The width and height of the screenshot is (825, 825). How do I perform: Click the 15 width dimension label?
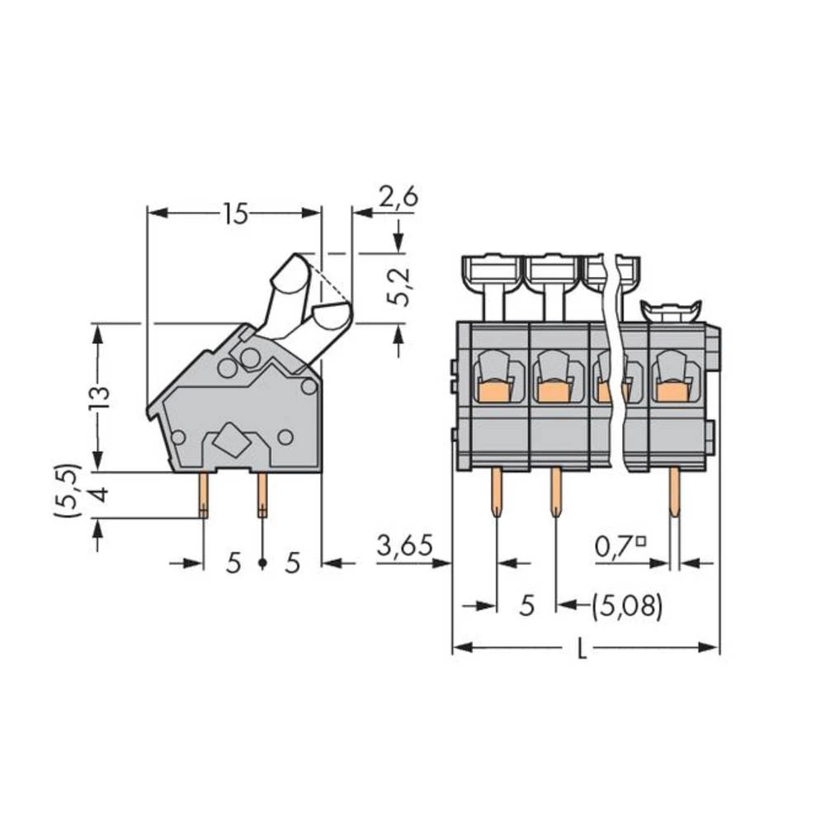[234, 214]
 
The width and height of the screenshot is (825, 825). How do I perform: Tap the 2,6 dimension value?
[399, 197]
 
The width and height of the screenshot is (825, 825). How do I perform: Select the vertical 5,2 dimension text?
[401, 286]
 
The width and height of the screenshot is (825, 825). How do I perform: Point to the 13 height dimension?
[100, 398]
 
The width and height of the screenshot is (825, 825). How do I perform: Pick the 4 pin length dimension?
[99, 496]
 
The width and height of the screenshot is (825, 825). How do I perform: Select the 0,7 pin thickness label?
[620, 545]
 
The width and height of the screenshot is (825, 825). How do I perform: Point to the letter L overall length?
[582, 649]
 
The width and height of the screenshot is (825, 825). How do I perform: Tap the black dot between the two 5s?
[262, 563]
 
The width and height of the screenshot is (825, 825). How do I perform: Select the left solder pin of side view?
[203, 496]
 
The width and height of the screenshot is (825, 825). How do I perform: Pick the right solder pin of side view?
[262, 496]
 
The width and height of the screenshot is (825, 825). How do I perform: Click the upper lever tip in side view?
[290, 273]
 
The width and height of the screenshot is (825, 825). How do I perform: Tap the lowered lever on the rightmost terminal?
[671, 310]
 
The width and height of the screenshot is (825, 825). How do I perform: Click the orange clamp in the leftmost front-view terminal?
[493, 391]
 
